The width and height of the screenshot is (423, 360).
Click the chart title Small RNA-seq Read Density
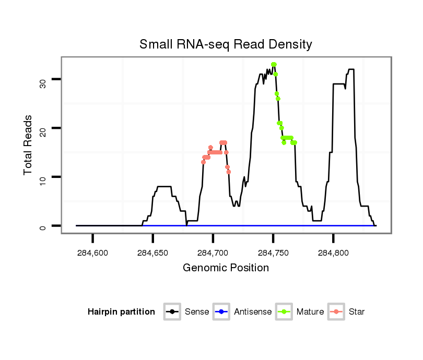(x=226, y=44)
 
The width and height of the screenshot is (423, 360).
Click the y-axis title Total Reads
(x=28, y=145)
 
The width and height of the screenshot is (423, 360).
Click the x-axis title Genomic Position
(x=226, y=268)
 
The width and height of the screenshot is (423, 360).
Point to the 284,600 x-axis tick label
(x=93, y=253)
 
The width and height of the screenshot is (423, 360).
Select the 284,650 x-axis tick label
(x=153, y=253)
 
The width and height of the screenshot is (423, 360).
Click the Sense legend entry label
(x=197, y=312)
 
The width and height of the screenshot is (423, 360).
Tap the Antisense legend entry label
(x=253, y=312)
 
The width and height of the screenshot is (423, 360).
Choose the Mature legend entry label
(x=310, y=312)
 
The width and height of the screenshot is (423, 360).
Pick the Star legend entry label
(x=357, y=312)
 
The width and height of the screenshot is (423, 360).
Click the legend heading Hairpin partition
(x=122, y=312)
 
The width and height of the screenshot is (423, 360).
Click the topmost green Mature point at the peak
(x=274, y=65)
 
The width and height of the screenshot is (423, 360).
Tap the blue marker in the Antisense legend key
(x=222, y=312)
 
